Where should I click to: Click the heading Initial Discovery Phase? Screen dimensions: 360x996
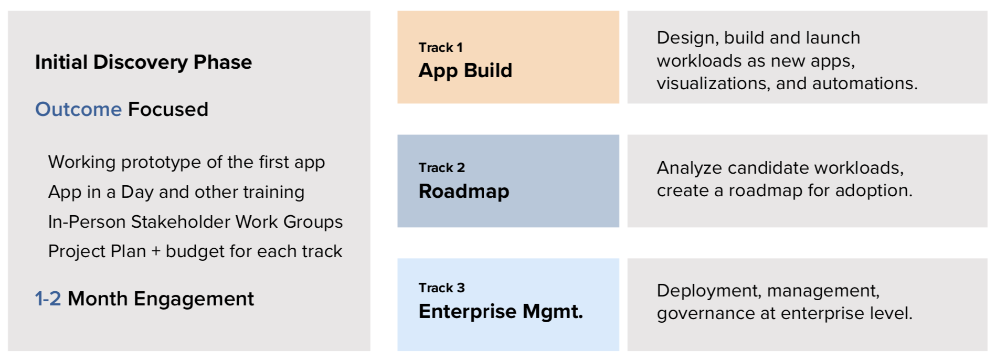pyautogui.click(x=143, y=62)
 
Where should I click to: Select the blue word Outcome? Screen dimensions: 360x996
pyautogui.click(x=78, y=109)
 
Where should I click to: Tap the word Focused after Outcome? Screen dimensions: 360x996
pyautogui.click(x=168, y=109)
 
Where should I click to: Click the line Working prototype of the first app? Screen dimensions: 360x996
pyautogui.click(x=186, y=162)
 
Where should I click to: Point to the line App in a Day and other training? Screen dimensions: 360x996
pyautogui.click(x=176, y=192)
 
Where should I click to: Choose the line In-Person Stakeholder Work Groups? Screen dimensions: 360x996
pyautogui.click(x=195, y=222)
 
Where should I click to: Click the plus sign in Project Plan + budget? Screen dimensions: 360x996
pyautogui.click(x=156, y=252)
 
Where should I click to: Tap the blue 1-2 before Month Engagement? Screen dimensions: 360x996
pyautogui.click(x=48, y=299)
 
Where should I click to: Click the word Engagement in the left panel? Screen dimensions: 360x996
pyautogui.click(x=194, y=299)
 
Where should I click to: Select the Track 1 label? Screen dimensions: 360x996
pyautogui.click(x=441, y=47)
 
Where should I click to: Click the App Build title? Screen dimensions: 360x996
pyautogui.click(x=465, y=71)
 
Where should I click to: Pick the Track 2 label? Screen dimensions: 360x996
pyautogui.click(x=442, y=167)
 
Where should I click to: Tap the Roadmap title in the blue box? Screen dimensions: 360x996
pyautogui.click(x=464, y=191)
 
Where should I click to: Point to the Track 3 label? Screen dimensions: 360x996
pyautogui.click(x=442, y=288)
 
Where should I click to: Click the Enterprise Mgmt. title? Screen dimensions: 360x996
pyautogui.click(x=501, y=312)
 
